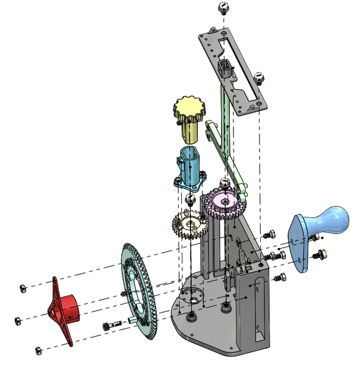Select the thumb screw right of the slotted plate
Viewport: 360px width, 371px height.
[258, 77]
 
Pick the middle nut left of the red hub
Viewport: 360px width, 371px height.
[17, 321]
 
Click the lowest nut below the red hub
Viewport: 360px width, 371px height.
[39, 349]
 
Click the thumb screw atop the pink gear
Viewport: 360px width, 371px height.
[225, 182]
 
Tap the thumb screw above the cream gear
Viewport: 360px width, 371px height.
[190, 199]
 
